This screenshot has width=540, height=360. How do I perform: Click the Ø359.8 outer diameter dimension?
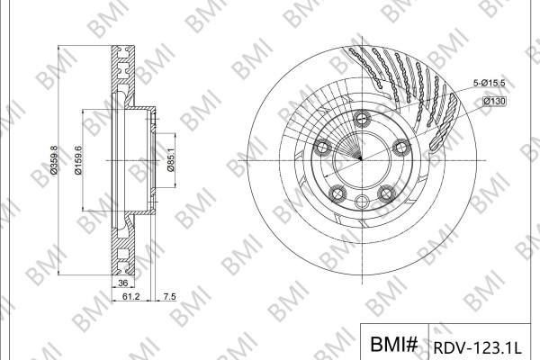coord(54,160)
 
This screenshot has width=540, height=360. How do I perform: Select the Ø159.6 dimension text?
coord(78,160)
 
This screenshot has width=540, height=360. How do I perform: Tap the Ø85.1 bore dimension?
coord(171,161)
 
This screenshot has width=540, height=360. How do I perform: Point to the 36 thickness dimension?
coord(123,283)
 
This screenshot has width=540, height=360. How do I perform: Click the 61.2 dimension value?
coord(130,296)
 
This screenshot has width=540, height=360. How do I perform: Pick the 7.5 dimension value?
coord(169,296)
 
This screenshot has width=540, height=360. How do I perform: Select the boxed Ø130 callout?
coord(494,102)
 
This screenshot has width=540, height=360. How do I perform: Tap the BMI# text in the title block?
coord(394,344)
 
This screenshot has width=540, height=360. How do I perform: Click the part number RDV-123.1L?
coord(477,347)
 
